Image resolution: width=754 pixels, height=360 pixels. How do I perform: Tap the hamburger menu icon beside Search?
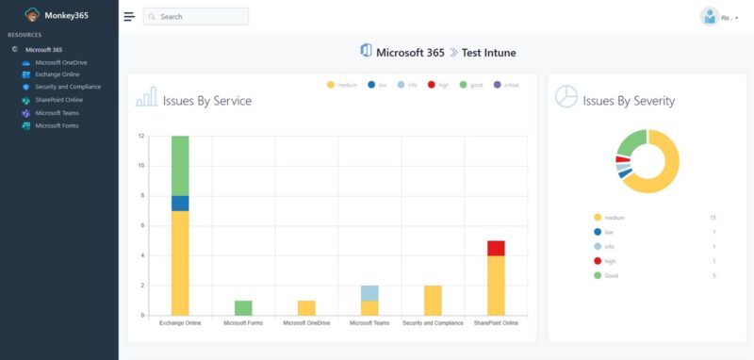(x=129, y=17)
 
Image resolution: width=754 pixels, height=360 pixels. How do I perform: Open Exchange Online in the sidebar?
(x=57, y=74)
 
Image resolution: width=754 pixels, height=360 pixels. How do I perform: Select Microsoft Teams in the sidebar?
(x=57, y=112)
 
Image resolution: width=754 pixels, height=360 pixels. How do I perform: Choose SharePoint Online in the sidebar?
(x=58, y=99)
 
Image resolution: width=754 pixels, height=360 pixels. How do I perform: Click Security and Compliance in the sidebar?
(x=67, y=87)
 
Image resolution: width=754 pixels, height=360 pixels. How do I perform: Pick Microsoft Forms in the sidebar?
(x=57, y=124)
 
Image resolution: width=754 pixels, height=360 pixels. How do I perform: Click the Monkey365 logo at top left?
(x=33, y=15)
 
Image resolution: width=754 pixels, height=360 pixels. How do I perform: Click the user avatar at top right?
(x=709, y=17)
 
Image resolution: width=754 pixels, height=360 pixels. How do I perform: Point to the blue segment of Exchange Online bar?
(x=180, y=204)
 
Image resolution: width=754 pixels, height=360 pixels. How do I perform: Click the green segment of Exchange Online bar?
(x=180, y=166)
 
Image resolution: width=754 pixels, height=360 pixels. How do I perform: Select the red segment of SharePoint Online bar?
(x=495, y=248)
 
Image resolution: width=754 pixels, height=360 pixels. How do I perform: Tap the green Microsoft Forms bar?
(x=243, y=308)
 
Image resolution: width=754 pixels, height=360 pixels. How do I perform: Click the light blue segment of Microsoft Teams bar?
(x=369, y=293)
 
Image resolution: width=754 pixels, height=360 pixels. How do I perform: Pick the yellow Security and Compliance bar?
(x=433, y=301)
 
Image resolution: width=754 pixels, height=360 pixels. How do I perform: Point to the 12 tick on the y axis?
(x=140, y=136)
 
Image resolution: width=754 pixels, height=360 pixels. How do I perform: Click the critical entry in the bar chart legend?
(x=509, y=85)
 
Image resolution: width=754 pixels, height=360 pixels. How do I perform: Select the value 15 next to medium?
(x=712, y=218)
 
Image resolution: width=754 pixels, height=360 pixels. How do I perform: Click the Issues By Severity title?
(x=629, y=101)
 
